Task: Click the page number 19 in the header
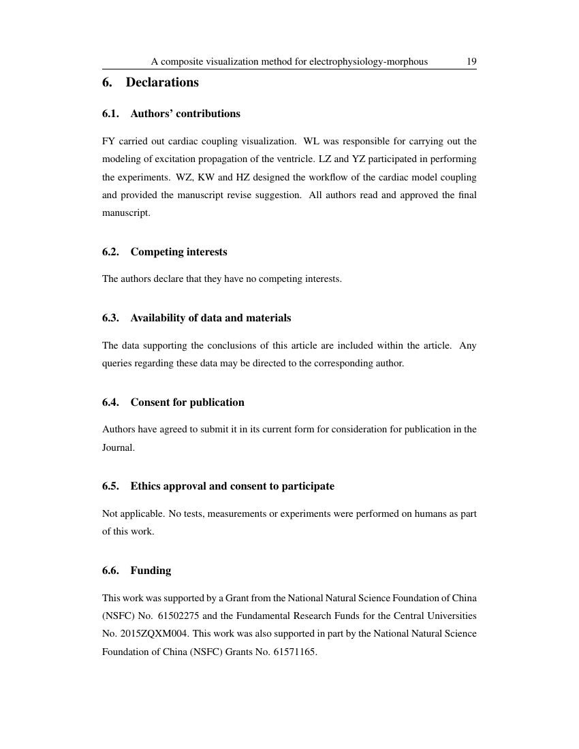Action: [471, 61]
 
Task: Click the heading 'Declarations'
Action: [162, 82]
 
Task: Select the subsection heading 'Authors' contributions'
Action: [185, 114]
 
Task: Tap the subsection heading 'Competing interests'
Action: [178, 252]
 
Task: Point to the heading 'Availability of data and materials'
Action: [210, 318]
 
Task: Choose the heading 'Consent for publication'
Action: [187, 402]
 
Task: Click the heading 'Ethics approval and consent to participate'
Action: [232, 486]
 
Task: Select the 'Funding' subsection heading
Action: [151, 571]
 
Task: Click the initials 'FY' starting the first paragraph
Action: [108, 142]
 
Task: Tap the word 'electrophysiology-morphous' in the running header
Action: [369, 61]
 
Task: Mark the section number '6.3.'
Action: [110, 318]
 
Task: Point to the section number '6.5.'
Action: [110, 486]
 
